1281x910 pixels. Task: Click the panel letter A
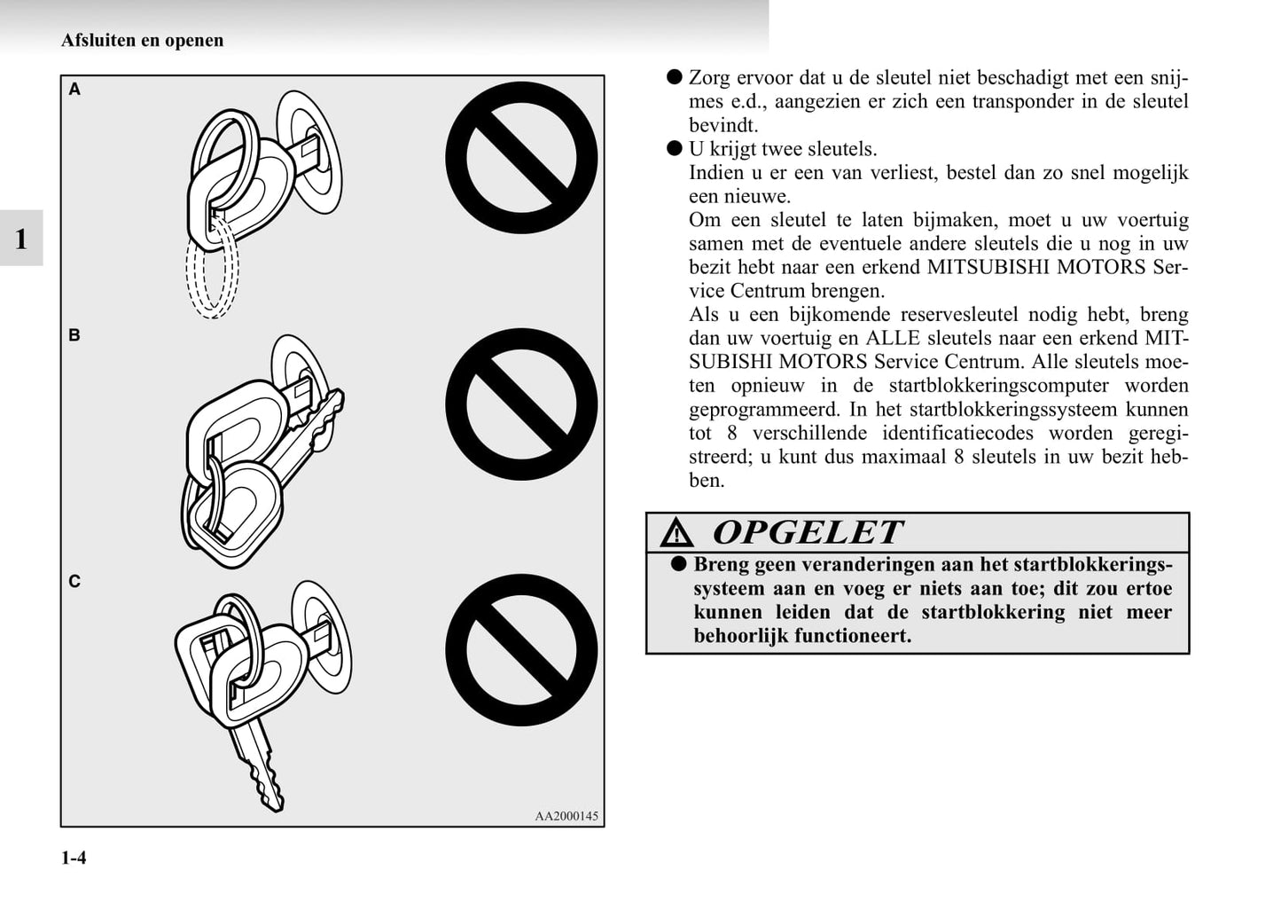pyautogui.click(x=74, y=90)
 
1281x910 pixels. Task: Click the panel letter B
pyautogui.click(x=74, y=335)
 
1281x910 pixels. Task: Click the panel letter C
pyautogui.click(x=74, y=582)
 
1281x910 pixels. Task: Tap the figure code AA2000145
pyautogui.click(x=566, y=816)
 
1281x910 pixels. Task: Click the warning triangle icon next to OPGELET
pyautogui.click(x=676, y=533)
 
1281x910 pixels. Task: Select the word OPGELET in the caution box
pyautogui.click(x=808, y=532)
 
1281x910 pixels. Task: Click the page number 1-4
pyautogui.click(x=74, y=858)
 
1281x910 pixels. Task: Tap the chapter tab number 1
pyautogui.click(x=21, y=239)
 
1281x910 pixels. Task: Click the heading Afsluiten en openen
pyautogui.click(x=143, y=40)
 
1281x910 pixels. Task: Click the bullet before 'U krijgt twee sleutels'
pyautogui.click(x=675, y=148)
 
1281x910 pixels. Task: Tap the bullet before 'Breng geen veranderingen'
pyautogui.click(x=679, y=564)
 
